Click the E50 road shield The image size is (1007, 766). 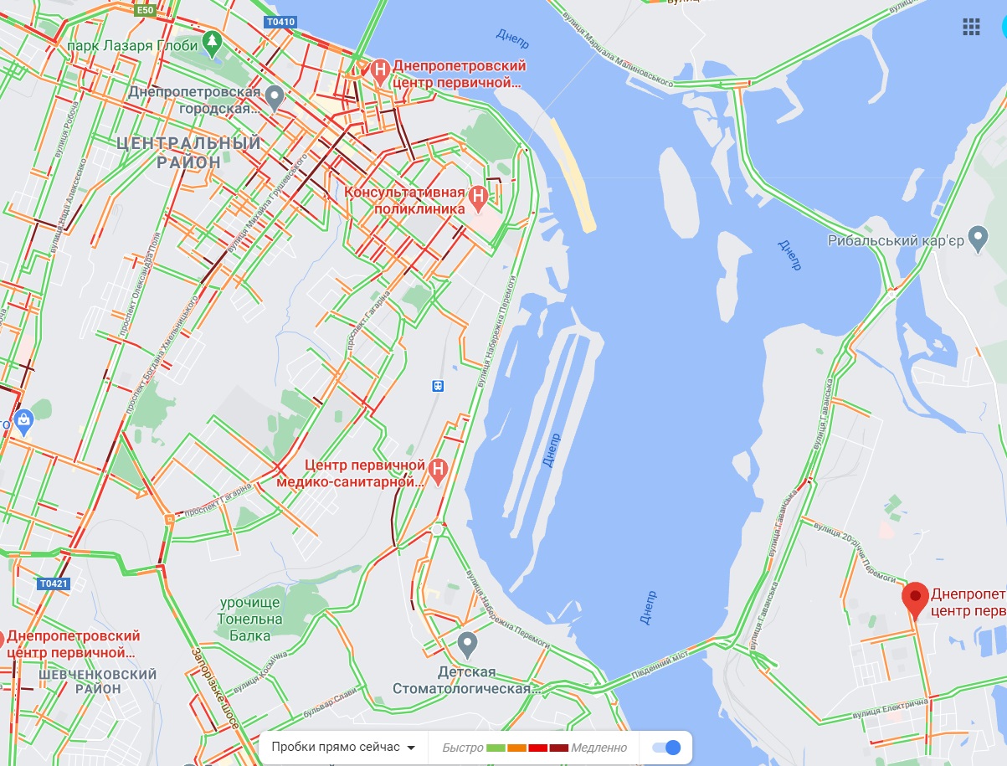coord(145,9)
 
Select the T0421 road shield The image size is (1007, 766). coord(53,583)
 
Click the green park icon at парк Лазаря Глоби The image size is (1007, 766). coord(213,39)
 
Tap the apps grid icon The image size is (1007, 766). coord(971,27)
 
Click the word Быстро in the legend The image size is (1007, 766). coord(462,748)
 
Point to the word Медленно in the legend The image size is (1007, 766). coord(599,748)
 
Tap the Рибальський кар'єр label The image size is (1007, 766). coord(897,241)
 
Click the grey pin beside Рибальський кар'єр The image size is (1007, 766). coord(977,236)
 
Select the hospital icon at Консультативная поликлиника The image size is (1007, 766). coord(477,197)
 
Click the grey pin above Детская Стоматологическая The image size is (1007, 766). coord(468,645)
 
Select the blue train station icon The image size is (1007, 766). coord(437,385)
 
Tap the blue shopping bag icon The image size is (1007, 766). coord(23,419)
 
